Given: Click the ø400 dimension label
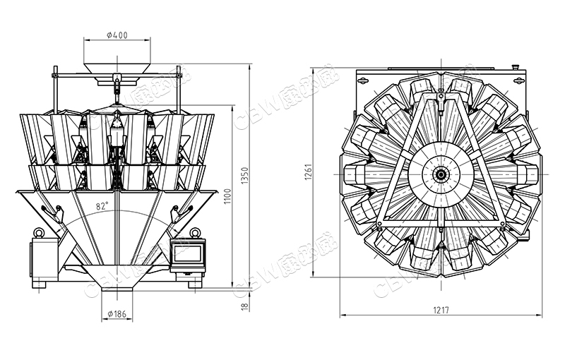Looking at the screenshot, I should pyautogui.click(x=117, y=35).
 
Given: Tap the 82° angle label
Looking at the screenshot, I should pyautogui.click(x=102, y=206).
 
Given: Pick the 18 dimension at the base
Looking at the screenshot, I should pyautogui.click(x=245, y=307).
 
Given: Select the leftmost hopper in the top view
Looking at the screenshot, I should pyautogui.click(x=357, y=174).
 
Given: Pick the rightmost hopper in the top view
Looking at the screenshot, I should pyautogui.click(x=528, y=174).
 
